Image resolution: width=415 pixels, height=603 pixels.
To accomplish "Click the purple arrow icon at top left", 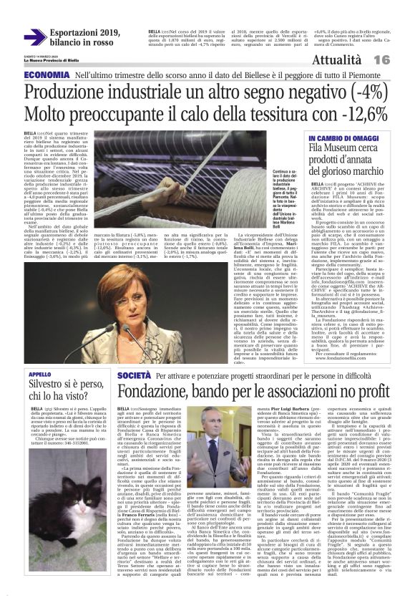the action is (x=34, y=37).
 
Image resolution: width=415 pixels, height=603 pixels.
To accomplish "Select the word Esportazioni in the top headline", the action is (x=73, y=32).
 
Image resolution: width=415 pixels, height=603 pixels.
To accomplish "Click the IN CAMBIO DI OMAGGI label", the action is (x=342, y=137).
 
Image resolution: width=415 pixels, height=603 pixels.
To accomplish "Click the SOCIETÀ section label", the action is (x=134, y=375).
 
